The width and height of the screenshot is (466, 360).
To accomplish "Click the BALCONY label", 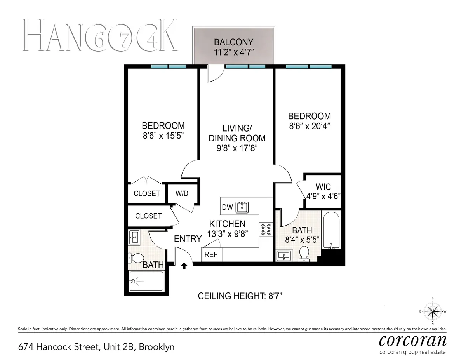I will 234,42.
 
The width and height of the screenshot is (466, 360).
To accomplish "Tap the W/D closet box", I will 182,193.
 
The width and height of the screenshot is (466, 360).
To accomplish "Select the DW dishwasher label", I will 227,207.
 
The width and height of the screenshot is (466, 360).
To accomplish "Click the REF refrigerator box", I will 211,255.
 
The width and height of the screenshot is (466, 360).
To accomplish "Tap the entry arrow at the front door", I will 184,266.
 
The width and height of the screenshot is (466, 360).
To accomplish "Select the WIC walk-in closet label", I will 323,187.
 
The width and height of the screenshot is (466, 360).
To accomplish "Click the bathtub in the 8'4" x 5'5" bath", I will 331,231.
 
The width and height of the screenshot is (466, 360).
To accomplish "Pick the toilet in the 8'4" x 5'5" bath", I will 304,253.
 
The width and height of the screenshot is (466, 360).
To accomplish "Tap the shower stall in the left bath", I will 146,281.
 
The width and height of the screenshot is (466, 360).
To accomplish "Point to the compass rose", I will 433,311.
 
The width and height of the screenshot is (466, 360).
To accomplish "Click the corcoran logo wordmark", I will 412,341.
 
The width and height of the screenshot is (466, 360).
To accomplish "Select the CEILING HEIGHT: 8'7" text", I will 240,296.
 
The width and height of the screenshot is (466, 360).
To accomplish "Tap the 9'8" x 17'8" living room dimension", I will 237,148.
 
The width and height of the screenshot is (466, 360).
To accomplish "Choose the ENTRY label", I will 188,239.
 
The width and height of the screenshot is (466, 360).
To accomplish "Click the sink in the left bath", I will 134,237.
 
